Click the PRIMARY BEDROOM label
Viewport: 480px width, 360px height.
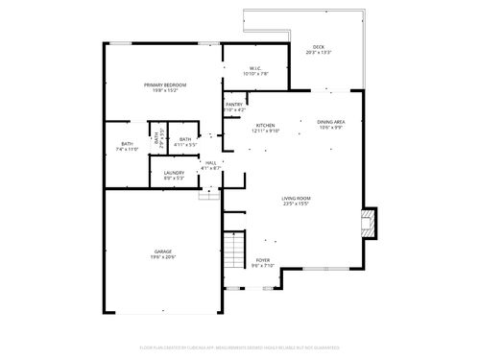pyautogui.click(x=165, y=85)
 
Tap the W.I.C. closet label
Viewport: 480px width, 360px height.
pyautogui.click(x=256, y=68)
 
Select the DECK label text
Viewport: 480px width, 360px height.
pyautogui.click(x=318, y=48)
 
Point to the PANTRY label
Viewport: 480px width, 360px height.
pyautogui.click(x=233, y=105)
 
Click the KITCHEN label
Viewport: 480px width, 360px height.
pyautogui.click(x=266, y=127)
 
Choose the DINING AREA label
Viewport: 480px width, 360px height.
pyautogui.click(x=330, y=122)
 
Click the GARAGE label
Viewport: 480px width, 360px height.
pyautogui.click(x=161, y=252)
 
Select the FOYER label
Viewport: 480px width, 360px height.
pyautogui.click(x=262, y=260)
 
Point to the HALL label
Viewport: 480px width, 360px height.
pyautogui.click(x=210, y=162)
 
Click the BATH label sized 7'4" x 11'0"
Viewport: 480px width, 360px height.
pyautogui.click(x=128, y=144)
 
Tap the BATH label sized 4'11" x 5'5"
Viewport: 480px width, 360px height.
pyautogui.click(x=185, y=139)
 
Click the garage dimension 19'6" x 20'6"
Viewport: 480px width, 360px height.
pyautogui.click(x=161, y=257)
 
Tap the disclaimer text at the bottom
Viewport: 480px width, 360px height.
pyautogui.click(x=239, y=347)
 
